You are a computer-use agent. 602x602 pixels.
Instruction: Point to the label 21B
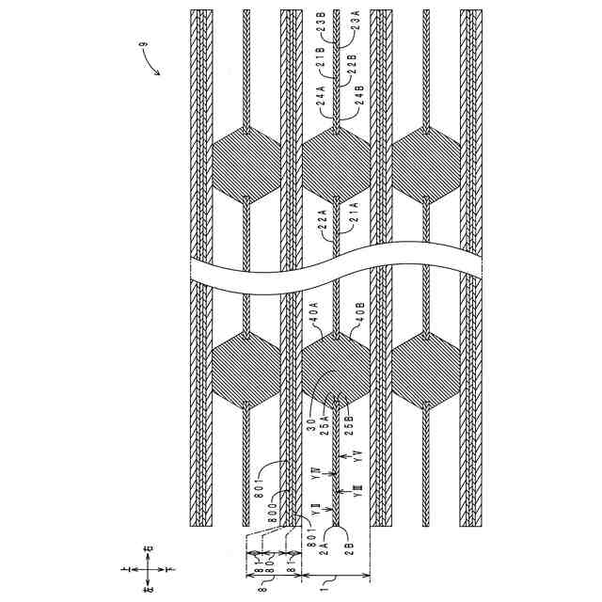tap(320, 60)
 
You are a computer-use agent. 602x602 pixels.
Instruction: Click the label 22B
tap(353, 62)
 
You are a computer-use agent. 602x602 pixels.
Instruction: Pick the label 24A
tap(320, 93)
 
